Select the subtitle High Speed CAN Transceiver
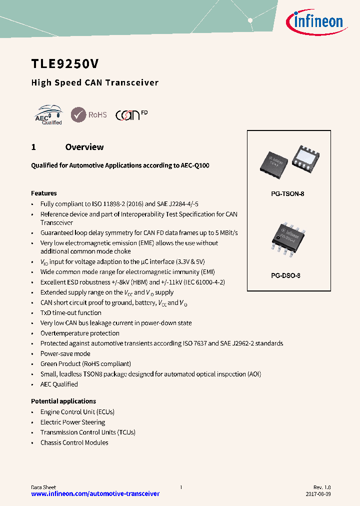click(95, 82)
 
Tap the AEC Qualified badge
click(49, 115)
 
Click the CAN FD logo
click(131, 114)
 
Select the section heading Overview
click(84, 147)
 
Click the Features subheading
click(44, 193)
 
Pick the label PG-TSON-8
click(288, 193)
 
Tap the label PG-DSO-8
click(288, 275)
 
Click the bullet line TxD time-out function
click(71, 312)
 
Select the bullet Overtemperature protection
click(80, 333)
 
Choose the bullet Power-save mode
click(65, 353)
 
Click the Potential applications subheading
click(63, 401)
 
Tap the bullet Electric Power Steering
click(73, 422)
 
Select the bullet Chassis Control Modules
click(74, 442)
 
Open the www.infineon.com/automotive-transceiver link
click(95, 494)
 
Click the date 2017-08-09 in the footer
click(317, 494)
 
